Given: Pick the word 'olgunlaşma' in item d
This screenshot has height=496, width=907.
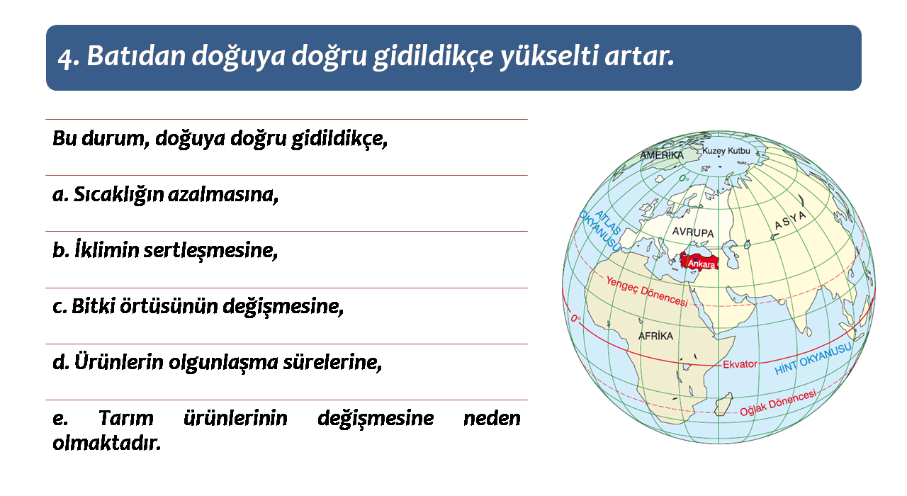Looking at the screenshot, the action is point(222,363).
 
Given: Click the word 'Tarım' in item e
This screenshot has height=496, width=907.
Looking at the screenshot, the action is point(126,418).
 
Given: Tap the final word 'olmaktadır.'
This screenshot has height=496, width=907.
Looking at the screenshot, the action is point(107,444).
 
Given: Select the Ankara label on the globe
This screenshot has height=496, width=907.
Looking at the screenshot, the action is point(702,264).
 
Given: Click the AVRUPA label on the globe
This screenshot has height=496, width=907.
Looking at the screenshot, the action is point(693,232).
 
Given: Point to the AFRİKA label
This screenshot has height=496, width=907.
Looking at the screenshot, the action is point(655,336).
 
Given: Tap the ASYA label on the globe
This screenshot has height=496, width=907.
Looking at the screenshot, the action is point(790,220).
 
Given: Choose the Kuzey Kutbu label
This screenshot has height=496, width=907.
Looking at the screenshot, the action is point(726,151).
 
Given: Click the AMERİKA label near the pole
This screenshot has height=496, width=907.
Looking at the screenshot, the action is point(662,155).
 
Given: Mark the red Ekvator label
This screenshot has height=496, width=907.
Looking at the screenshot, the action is point(740,364).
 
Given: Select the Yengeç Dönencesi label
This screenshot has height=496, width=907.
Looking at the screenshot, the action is point(647,291).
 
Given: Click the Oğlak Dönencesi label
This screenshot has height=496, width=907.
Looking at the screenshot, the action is point(778,403).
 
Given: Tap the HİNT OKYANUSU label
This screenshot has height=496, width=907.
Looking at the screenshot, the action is point(813,359).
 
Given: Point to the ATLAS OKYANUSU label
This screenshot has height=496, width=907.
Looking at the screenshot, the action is point(600,230).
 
